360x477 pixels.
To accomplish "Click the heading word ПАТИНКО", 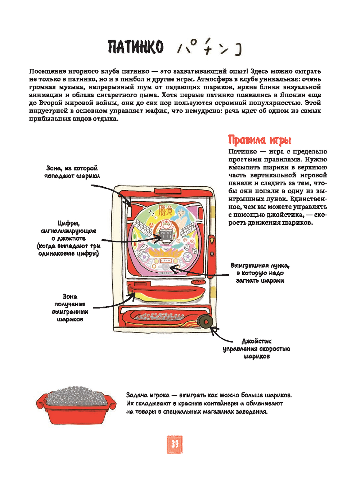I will click(135, 47).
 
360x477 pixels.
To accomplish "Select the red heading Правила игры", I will click(260, 140).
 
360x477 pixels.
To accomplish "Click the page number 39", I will click(175, 444).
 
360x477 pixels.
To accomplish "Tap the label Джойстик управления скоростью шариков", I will click(256, 348).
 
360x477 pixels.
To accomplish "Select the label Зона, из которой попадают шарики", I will click(72, 172).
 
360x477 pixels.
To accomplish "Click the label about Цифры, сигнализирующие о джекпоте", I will click(68, 238).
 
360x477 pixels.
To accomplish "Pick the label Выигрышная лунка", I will click(260, 273).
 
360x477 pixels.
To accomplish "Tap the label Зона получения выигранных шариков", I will click(70, 308).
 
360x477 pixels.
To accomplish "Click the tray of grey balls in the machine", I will click(158, 317).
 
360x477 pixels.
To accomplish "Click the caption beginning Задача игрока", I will click(209, 403).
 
